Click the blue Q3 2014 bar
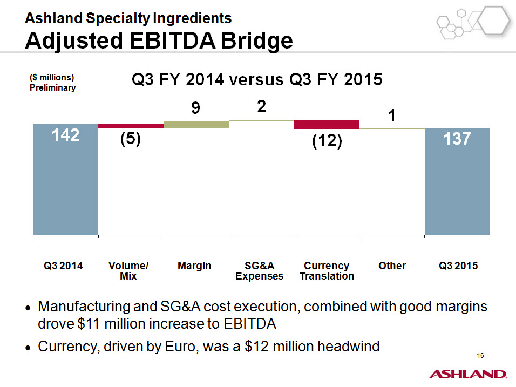coord(65,179)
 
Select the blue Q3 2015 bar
coord(457,181)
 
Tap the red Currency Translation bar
coord(327,124)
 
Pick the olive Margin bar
coord(196,124)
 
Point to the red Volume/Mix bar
coord(131,126)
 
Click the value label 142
coord(65,135)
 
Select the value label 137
coord(457,139)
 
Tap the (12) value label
coord(327,141)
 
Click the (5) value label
coord(130,139)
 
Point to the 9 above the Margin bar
coord(195,107)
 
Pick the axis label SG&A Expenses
coord(259,270)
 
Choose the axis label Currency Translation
coord(327,270)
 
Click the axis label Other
coord(392,266)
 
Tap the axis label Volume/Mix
coord(128,270)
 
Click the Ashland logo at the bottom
coord(468,374)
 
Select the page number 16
coord(480,355)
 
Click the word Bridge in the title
coord(256,41)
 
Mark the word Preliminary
coord(53,88)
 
